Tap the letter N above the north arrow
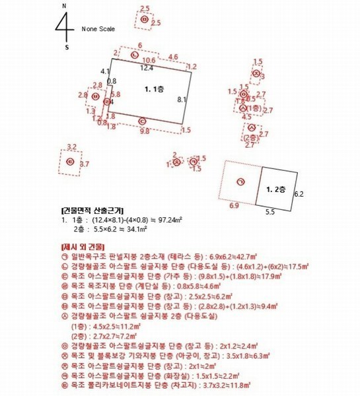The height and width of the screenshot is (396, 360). (63, 6)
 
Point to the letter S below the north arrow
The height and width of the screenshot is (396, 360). (66, 48)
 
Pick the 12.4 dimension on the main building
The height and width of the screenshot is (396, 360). (147, 67)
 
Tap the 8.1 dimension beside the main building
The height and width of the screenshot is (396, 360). (182, 99)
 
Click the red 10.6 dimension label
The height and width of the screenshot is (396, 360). (150, 60)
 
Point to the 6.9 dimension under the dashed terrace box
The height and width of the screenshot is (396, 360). (233, 207)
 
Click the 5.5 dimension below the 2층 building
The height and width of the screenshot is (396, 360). (270, 212)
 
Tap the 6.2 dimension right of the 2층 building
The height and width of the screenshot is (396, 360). (298, 195)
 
